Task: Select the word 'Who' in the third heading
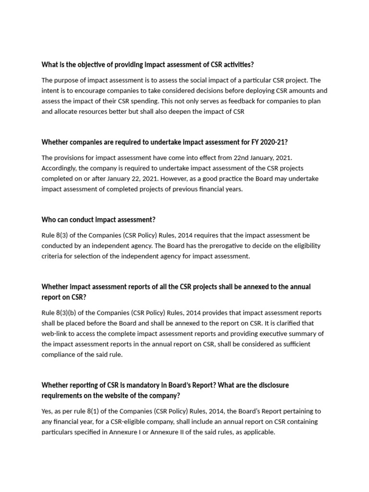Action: click(48, 220)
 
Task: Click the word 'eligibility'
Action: click(304, 246)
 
